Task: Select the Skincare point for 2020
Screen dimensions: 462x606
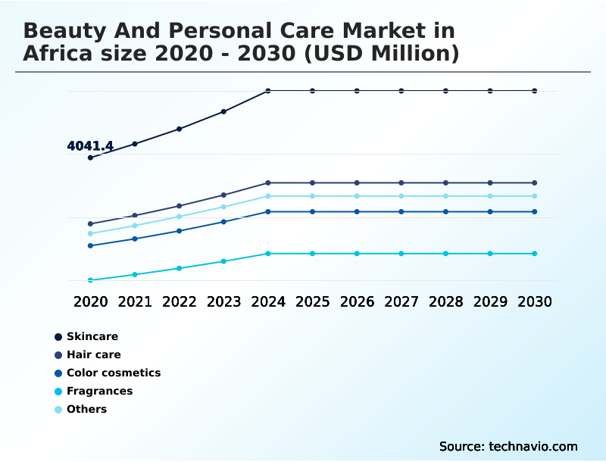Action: pyautogui.click(x=91, y=158)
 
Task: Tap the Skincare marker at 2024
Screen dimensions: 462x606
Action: pyautogui.click(x=268, y=91)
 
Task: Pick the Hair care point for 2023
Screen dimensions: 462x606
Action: pyautogui.click(x=223, y=195)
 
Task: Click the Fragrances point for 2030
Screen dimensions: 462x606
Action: pyautogui.click(x=534, y=253)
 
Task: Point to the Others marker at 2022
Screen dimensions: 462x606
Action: pyautogui.click(x=180, y=217)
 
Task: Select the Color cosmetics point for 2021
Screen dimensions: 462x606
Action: pyautogui.click(x=135, y=239)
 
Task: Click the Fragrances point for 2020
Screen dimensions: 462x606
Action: pyautogui.click(x=91, y=280)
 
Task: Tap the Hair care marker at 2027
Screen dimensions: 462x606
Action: pyautogui.click(x=401, y=183)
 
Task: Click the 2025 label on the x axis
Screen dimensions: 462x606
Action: pyautogui.click(x=312, y=301)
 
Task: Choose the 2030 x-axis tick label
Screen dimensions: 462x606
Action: pyautogui.click(x=534, y=301)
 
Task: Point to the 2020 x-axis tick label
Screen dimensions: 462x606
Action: pyautogui.click(x=91, y=301)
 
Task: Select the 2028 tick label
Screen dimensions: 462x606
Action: pyautogui.click(x=445, y=301)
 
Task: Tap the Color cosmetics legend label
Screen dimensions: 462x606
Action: pyautogui.click(x=114, y=373)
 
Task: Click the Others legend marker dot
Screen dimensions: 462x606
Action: pyautogui.click(x=58, y=409)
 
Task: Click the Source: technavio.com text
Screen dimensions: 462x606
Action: pyautogui.click(x=508, y=446)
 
